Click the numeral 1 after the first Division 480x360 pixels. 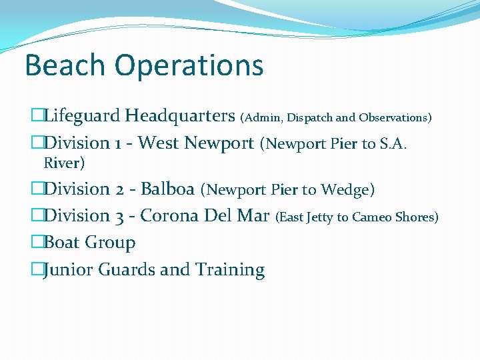[117, 143]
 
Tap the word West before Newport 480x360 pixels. [159, 143]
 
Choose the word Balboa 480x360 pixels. [167, 189]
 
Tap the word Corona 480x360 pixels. [168, 216]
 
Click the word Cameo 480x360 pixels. [373, 217]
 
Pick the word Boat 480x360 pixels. [61, 243]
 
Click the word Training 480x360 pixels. [230, 270]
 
